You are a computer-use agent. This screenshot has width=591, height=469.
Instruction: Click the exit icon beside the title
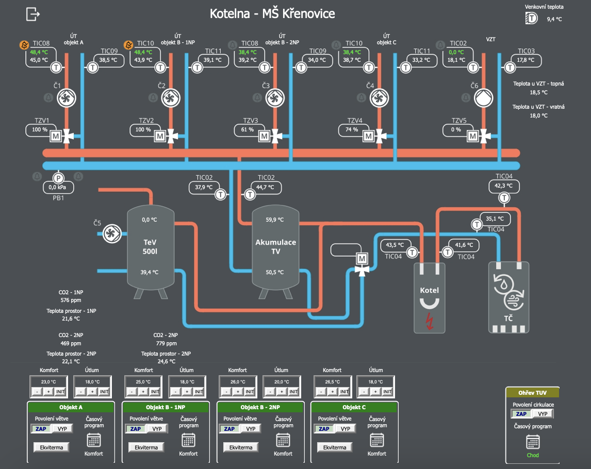(x=33, y=14)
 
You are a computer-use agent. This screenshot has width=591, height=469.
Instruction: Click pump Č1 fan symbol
(x=67, y=98)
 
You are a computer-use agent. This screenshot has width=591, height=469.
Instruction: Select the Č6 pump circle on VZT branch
(x=484, y=98)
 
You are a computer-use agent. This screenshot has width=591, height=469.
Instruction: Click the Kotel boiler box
(x=429, y=298)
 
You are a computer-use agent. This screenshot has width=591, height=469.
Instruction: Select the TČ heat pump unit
(x=509, y=297)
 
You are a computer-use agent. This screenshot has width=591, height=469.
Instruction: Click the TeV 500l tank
(x=151, y=247)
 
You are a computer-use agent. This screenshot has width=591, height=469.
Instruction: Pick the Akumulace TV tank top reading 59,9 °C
(x=275, y=220)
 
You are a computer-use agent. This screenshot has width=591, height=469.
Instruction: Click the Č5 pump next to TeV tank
(x=112, y=233)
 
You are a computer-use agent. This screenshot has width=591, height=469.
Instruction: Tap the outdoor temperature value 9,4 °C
(x=554, y=19)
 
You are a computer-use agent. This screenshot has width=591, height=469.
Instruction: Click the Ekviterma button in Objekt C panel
(x=334, y=447)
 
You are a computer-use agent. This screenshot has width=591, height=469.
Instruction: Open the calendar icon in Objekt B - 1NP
(x=188, y=440)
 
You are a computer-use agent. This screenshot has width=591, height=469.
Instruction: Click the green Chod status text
(x=533, y=455)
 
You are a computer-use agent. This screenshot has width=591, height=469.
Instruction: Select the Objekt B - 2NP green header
(x=260, y=407)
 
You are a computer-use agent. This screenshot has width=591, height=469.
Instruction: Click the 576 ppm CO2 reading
(x=71, y=300)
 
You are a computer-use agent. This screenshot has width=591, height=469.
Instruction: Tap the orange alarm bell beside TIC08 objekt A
(x=24, y=45)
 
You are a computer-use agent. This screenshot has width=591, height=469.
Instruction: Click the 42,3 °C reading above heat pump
(x=503, y=186)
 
